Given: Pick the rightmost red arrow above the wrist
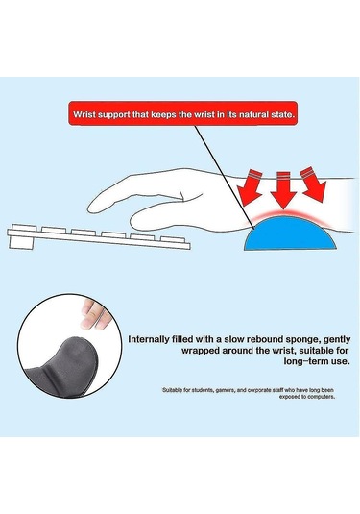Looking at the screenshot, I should click(x=314, y=181).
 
